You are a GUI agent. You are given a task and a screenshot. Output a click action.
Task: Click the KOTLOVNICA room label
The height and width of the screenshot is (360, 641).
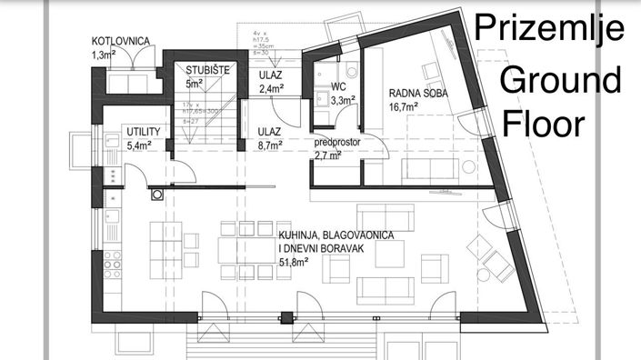coord(123,42)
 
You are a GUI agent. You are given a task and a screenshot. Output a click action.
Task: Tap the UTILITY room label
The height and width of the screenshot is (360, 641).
coord(144,132)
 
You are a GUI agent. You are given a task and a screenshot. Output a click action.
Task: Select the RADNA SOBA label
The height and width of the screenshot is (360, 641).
coord(417,93)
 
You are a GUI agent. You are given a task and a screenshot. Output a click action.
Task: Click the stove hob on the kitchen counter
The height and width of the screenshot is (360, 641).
coord(114,264)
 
